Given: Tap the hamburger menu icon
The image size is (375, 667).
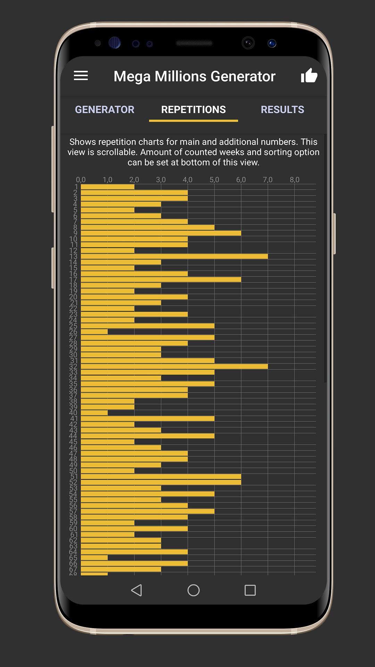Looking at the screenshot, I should point(81,76).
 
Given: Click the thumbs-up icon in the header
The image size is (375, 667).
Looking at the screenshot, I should point(309,75).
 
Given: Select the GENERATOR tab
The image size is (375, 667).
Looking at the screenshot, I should point(105,109).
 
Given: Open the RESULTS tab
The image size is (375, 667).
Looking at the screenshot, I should point(282,109).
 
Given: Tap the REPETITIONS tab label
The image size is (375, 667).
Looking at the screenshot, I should point(193,109).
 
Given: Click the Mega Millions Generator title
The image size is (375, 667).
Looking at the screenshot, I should point(194,76).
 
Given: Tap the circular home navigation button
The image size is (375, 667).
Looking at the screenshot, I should point(193,590).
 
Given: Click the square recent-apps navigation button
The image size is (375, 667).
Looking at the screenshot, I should point(250,590).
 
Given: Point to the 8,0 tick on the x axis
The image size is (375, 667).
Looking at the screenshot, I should point(294,180).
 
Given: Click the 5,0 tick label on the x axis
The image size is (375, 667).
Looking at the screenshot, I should point(214,180).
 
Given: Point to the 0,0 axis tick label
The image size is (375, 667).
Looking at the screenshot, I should point(81,180).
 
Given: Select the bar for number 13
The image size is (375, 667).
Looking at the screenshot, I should point(174,256).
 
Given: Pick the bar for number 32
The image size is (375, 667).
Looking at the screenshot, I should point(174,367).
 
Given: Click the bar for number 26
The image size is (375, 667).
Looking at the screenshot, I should point(94,332).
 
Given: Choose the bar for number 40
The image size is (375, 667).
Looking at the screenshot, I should point(94,413).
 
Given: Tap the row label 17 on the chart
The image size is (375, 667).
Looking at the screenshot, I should point(73,280).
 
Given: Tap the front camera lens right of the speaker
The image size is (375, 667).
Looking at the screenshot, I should point(248,43).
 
